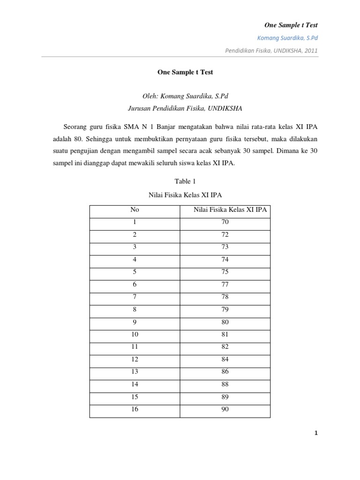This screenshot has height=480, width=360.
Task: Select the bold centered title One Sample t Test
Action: (180, 73)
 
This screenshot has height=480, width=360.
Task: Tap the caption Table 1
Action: (180, 181)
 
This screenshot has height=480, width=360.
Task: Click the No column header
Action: (135, 210)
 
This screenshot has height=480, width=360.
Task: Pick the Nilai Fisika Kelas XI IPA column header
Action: (230, 210)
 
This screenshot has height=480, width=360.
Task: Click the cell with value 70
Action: (225, 222)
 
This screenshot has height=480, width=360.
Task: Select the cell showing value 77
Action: (225, 285)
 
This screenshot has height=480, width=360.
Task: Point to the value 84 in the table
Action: (225, 360)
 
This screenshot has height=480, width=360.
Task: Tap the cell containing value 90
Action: (225, 410)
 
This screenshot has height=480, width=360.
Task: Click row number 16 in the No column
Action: (135, 410)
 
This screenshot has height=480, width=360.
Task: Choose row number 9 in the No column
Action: (135, 322)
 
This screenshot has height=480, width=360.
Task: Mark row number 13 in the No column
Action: (135, 372)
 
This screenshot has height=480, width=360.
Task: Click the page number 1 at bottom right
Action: (316, 434)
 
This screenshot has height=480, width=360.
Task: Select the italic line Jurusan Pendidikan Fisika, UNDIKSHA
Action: (180, 108)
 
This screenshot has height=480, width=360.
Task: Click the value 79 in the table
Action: (225, 309)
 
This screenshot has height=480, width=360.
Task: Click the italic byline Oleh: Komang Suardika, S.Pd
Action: (180, 96)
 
